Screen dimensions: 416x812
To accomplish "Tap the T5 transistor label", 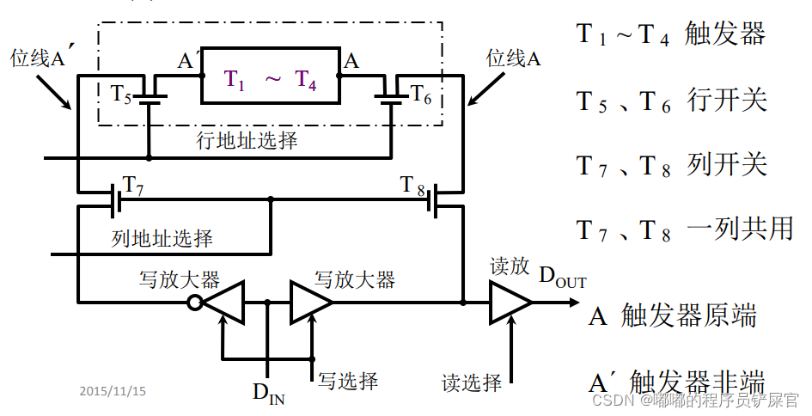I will (x=121, y=94).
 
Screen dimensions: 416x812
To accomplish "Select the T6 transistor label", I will (x=420, y=93).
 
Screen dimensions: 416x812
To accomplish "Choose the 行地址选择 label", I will (x=247, y=140).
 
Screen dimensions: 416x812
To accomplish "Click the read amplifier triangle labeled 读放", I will (x=509, y=303).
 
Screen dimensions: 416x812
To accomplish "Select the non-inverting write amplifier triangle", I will (x=310, y=303).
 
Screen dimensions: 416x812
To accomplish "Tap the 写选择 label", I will (x=348, y=379).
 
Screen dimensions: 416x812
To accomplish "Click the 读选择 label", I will (x=472, y=382).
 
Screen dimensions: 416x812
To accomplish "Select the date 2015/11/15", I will (x=113, y=391).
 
